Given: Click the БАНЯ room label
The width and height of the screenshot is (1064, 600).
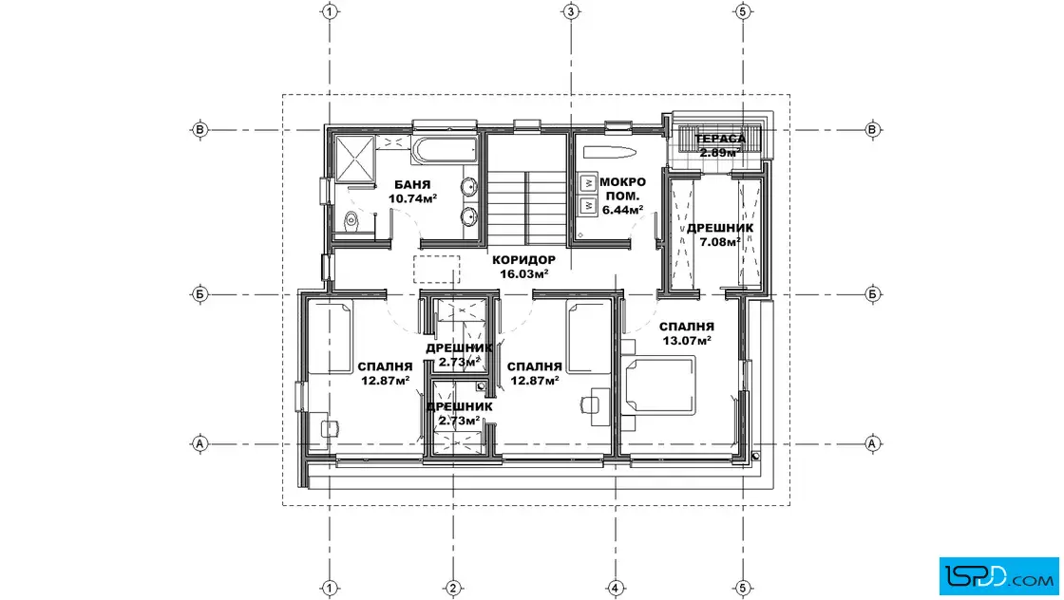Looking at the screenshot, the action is (412, 184).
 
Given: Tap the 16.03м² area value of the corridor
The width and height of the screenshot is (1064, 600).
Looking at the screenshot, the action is (523, 274).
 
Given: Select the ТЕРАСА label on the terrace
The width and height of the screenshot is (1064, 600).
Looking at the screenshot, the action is (720, 139).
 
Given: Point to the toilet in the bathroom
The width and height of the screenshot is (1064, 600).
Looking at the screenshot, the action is (351, 220).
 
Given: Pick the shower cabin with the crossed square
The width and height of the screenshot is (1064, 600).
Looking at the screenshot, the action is (355, 158).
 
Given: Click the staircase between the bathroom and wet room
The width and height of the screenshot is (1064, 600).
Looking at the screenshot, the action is (527, 207).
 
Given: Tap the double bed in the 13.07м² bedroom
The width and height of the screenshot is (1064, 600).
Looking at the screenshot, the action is (660, 385).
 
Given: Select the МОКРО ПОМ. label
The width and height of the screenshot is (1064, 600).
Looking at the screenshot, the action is (622, 189).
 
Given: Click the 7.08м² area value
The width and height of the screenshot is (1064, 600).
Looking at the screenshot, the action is (719, 242).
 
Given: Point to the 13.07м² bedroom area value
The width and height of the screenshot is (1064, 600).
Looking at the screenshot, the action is (687, 340).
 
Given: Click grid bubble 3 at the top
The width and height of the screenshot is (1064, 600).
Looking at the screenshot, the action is (571, 11).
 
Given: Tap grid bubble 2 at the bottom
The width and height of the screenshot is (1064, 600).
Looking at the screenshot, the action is (452, 588).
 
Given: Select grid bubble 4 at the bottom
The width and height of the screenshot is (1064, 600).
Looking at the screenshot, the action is (615, 588).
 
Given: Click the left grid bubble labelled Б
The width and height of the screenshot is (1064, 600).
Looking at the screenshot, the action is (200, 294).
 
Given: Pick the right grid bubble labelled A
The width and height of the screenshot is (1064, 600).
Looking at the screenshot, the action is (872, 444).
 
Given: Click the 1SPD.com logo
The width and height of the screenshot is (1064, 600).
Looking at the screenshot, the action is (998, 576).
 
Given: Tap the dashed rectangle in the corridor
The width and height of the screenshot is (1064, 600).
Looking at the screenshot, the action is (437, 270).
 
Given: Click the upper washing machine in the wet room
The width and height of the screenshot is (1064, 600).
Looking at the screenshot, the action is (588, 182).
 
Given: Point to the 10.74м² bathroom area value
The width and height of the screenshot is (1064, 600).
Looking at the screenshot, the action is (412, 198).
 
